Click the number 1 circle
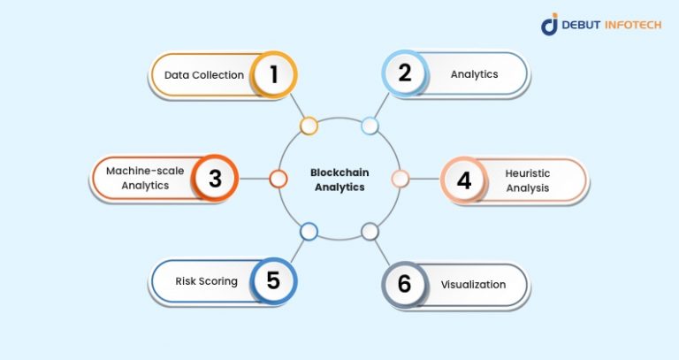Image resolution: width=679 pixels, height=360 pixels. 273,74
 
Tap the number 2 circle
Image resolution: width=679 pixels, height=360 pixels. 404,74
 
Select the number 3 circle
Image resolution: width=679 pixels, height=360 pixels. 214,179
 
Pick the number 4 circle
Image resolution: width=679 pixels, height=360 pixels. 463,180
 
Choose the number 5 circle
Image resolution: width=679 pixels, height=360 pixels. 273,281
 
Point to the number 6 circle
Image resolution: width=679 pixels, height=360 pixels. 404,284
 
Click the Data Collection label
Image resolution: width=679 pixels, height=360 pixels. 204,75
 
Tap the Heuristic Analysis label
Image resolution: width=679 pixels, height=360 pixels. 528,180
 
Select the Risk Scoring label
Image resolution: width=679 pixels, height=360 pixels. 206,281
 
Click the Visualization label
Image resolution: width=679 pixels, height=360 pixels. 473,285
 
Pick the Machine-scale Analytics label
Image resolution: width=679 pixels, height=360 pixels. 144,179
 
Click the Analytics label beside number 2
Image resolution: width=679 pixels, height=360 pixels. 474,74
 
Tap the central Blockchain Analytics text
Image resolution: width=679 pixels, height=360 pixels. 339,180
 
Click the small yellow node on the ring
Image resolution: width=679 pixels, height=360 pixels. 309,126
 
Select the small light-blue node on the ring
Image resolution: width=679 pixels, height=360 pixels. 370,126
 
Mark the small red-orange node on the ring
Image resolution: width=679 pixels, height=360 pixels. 278,179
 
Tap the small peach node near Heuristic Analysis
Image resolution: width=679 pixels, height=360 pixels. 400,179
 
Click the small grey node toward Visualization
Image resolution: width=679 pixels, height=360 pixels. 370,232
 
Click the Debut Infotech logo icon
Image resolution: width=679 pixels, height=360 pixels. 550,25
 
